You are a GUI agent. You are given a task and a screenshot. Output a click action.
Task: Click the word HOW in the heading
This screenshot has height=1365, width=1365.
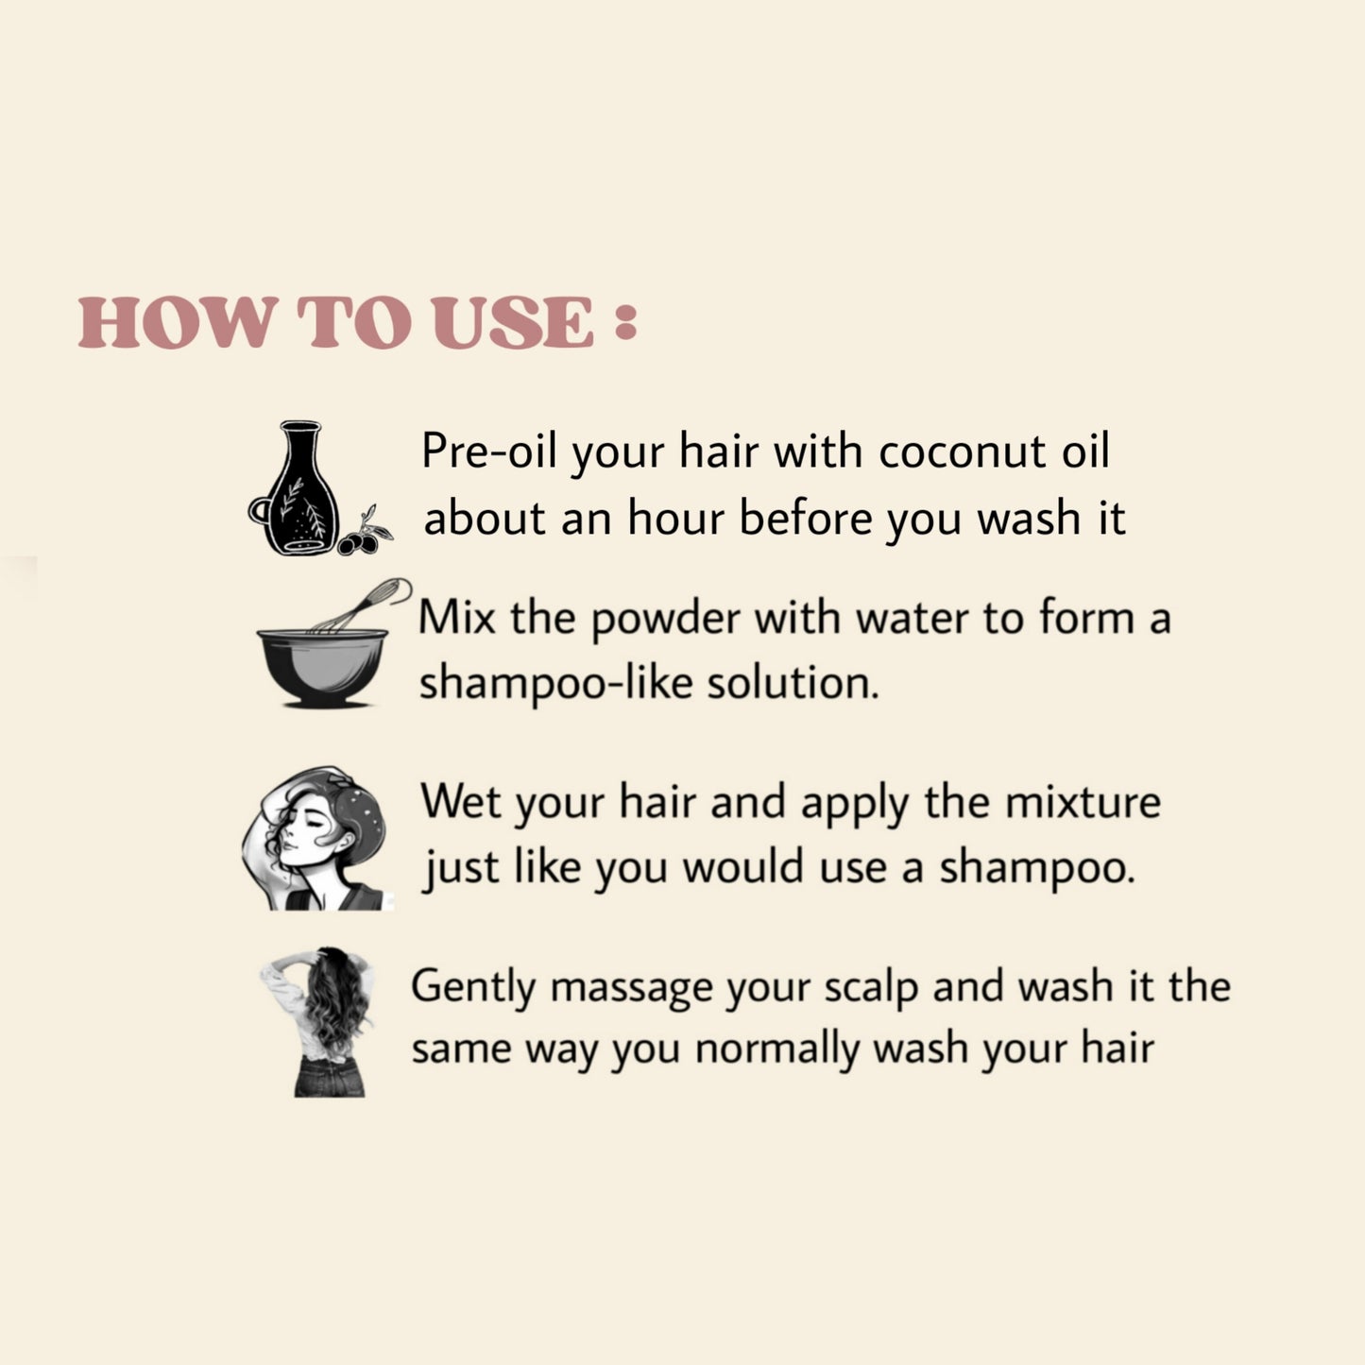[x=176, y=322]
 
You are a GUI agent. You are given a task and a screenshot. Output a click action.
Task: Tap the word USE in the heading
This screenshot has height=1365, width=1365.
[x=513, y=322]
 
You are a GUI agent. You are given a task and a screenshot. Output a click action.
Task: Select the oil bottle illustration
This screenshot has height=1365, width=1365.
[x=294, y=488]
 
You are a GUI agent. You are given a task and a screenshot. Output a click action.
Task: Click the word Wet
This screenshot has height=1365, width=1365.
[x=461, y=801]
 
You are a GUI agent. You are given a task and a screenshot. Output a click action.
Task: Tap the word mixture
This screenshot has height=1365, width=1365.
[x=1083, y=802]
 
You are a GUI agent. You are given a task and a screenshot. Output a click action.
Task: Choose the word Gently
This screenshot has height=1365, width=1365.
[x=473, y=988]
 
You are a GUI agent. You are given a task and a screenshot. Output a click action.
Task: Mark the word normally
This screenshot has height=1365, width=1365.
[x=776, y=1049]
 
